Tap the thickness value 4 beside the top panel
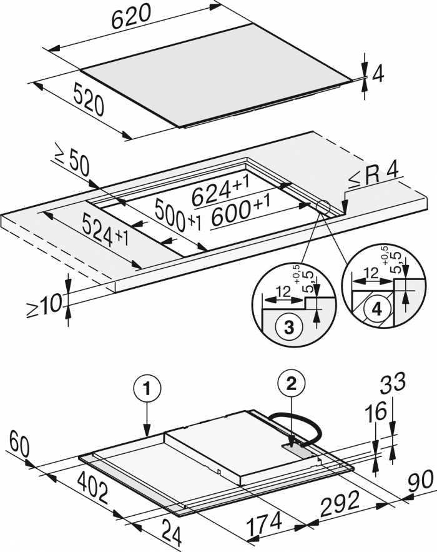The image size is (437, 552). click(x=377, y=74)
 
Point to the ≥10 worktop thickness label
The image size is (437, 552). click(x=45, y=305)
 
